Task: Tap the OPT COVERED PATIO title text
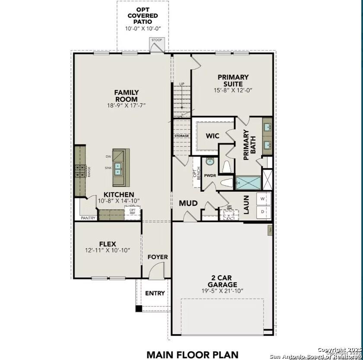coord(143,16)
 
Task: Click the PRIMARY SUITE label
coord(233,80)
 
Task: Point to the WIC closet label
coord(212,136)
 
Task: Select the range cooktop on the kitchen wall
coord(80,171)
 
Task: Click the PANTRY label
coord(88,218)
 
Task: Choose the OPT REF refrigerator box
coord(132,211)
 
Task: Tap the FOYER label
coord(157,257)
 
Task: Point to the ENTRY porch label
coord(155,293)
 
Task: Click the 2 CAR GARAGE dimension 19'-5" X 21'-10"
coord(222,291)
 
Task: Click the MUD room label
coord(188,203)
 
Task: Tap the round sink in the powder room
coord(210,162)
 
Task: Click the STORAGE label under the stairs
coord(181,136)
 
